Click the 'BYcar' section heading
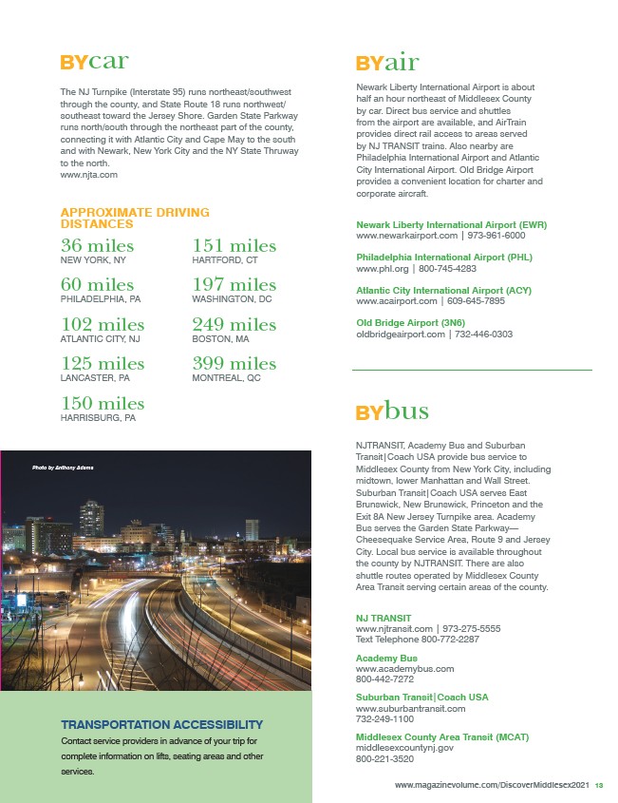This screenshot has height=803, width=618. [94, 63]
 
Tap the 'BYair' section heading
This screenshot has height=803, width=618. [387, 64]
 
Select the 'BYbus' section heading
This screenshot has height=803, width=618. [392, 411]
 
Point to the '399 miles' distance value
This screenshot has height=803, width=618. [234, 363]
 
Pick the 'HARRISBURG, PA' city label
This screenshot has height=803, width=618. [99, 417]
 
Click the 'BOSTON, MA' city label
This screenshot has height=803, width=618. [220, 338]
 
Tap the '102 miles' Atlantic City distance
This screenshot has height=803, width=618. [103, 325]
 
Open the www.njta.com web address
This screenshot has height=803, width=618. [88, 175]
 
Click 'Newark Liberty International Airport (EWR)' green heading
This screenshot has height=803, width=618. [451, 224]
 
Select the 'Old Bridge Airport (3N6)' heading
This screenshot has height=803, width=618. [411, 323]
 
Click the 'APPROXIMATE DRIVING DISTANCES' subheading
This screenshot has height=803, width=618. [135, 218]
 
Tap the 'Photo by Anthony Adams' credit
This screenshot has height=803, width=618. [63, 467]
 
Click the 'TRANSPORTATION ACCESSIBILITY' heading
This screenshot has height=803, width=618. [161, 724]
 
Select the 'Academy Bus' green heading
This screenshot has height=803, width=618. [386, 658]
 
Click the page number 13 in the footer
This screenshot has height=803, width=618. [600, 785]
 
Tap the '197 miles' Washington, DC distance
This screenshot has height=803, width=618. [234, 285]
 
